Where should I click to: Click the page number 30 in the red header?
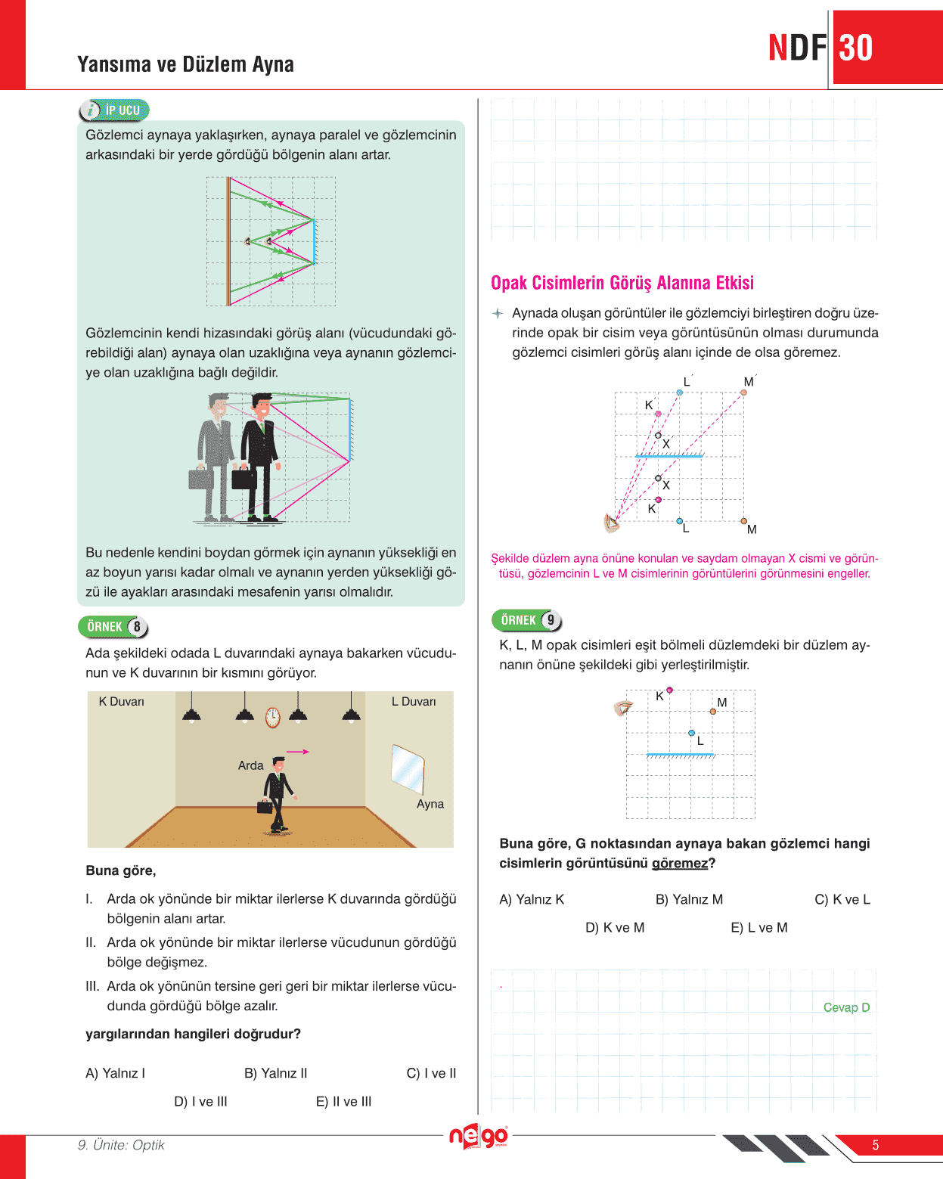point(856,48)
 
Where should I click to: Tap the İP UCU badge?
point(115,110)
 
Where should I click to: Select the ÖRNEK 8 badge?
point(113,627)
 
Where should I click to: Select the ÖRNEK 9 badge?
point(527,620)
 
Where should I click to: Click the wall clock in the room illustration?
point(273,717)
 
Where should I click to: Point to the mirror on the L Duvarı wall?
point(408,769)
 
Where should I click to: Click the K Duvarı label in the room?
point(121,702)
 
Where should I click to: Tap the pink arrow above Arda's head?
point(298,752)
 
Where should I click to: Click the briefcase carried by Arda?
point(265,806)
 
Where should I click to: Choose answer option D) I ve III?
point(200,1101)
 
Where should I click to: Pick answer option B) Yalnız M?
point(689,899)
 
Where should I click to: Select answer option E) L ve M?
point(758,927)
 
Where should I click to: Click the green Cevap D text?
point(846,1007)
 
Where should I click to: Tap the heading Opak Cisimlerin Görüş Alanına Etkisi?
point(622,283)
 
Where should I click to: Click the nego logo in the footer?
point(479,1135)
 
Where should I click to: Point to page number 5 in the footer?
point(875,1145)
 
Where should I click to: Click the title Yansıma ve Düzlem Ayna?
point(185,64)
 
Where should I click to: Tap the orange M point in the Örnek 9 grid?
point(713,712)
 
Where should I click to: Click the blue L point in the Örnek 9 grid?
point(691,733)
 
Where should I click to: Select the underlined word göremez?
point(680,863)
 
